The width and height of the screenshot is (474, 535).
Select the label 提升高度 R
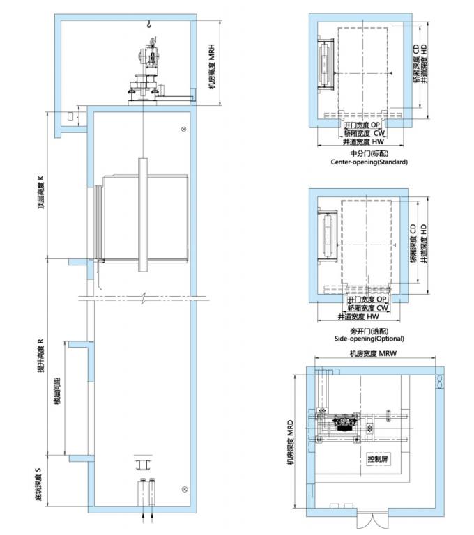[42, 356]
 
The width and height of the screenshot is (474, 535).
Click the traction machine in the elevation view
[148, 70]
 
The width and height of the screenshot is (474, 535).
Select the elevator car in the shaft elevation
[145, 216]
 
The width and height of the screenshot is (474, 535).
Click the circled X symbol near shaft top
[183, 130]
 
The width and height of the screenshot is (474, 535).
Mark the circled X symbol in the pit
[183, 489]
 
